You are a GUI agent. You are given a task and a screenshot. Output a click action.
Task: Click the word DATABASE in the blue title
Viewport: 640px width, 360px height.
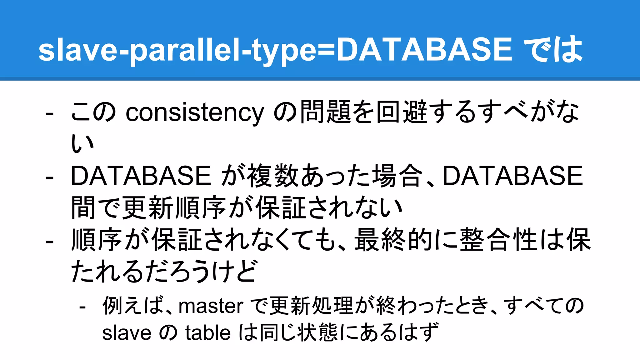point(424,49)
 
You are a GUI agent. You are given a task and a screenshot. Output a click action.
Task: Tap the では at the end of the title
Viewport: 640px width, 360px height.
point(552,49)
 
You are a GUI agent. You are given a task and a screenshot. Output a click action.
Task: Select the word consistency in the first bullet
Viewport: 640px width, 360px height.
point(195,112)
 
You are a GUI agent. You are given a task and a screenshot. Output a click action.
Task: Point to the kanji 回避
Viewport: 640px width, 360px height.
point(402,112)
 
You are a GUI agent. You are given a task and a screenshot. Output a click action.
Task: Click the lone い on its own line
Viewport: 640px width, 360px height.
point(82,144)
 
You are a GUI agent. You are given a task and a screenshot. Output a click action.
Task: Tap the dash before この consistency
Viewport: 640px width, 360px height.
point(49,113)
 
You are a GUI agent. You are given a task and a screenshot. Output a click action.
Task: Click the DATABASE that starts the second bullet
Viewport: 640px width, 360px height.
point(141,176)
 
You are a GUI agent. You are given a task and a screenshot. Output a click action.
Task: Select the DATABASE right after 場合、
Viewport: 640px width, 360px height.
point(512,176)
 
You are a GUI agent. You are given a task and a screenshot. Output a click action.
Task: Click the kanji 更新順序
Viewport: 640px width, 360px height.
point(174,208)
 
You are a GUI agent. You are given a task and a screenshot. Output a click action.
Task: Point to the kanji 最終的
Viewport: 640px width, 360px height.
point(393,240)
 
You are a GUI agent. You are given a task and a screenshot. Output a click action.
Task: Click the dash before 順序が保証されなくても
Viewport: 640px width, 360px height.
point(49,241)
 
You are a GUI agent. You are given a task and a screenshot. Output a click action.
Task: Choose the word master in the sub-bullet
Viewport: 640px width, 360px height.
point(211,306)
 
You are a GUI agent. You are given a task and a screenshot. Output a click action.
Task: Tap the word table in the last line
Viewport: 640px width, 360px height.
point(208,332)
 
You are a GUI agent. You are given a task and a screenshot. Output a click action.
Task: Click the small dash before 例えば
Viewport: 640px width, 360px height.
point(82,307)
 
